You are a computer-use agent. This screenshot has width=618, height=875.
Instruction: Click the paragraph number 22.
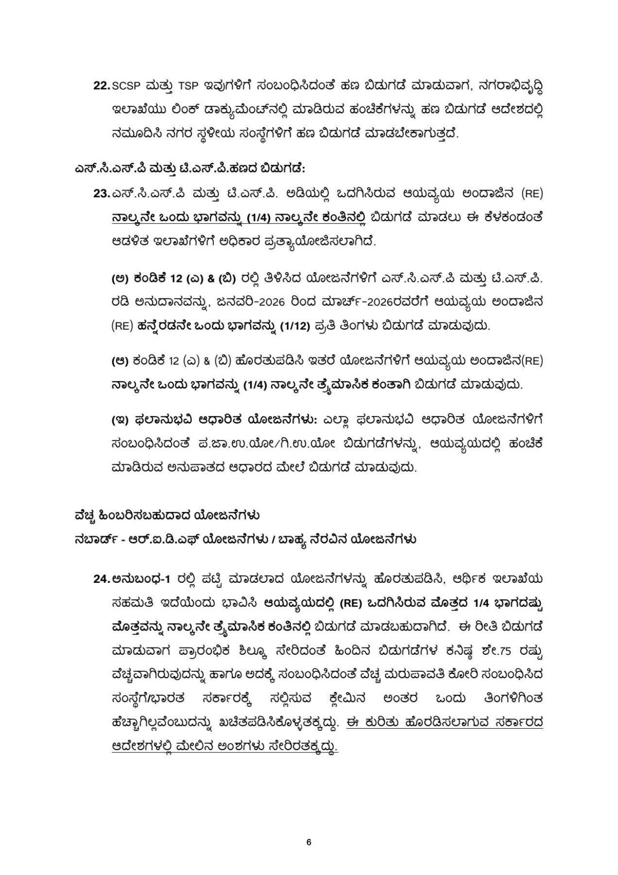click(102, 86)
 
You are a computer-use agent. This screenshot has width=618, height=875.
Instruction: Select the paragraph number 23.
click(102, 193)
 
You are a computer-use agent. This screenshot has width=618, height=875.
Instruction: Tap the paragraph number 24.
click(102, 578)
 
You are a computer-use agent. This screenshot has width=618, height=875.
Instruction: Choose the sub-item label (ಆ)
click(119, 361)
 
